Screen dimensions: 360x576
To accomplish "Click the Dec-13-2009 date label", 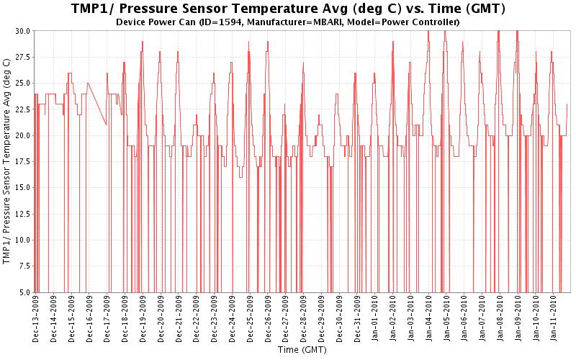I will [x=36, y=320].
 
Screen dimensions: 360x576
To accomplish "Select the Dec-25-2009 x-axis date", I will [x=250, y=320].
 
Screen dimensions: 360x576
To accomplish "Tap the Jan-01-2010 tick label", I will [x=375, y=320].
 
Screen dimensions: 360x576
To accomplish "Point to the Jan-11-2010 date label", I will [x=554, y=320].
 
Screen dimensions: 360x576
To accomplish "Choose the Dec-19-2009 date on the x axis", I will [x=143, y=320].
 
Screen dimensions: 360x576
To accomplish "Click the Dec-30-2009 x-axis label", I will [x=339, y=320].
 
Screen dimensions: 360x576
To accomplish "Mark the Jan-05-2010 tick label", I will [x=446, y=320].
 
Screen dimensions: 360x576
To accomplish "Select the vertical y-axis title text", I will [x=8, y=161].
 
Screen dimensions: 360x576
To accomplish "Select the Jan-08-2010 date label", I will [x=500, y=320].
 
